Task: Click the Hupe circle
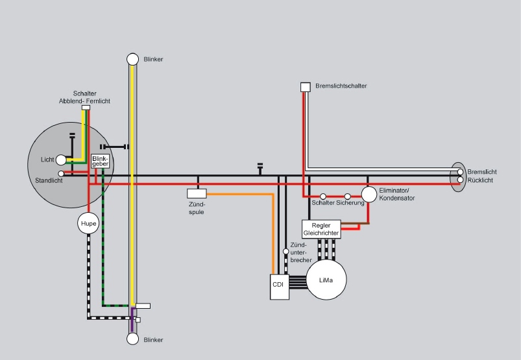tap(88, 224)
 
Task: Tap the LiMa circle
tap(326, 279)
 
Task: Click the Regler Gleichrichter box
tap(321, 229)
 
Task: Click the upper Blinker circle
tap(132, 59)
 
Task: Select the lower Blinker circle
tap(132, 339)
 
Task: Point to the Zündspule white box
tap(197, 193)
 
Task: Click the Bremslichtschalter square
tap(305, 87)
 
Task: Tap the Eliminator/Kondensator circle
tap(369, 194)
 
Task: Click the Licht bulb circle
tap(62, 160)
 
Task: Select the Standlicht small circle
tap(61, 174)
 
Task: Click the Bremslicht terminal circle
tap(460, 172)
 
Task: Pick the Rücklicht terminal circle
tap(460, 180)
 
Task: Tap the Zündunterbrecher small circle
tap(285, 251)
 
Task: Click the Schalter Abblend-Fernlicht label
tap(85, 98)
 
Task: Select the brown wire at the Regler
tap(354, 224)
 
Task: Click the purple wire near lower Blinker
tap(132, 318)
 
